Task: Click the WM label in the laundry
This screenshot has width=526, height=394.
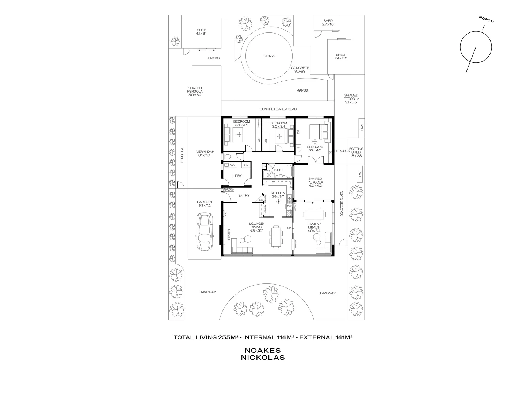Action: point(232,165)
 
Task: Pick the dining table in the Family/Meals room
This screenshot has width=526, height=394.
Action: point(314,214)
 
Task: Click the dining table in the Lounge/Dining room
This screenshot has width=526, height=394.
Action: point(276,236)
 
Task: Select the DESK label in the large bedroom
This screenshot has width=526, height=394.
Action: point(298,147)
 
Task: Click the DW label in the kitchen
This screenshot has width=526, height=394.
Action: point(289,206)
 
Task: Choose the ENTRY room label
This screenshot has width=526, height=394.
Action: point(244,196)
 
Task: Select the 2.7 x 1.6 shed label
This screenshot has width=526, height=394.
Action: point(328,22)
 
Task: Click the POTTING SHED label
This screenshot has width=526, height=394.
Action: point(356,152)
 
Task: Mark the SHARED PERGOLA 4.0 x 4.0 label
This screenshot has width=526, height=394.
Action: point(315,182)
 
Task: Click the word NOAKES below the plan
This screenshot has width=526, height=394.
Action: point(262,350)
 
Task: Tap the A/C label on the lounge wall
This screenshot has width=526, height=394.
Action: point(225,213)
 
